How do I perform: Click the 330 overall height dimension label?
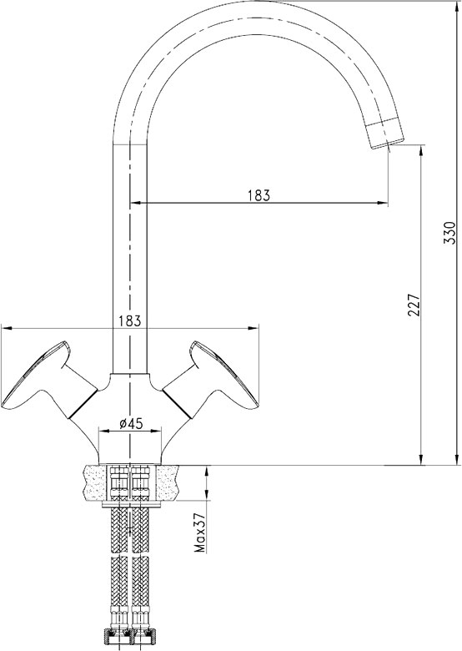pos(449,233)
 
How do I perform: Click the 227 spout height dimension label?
pos(414,305)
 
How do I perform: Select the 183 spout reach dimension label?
pos(259,194)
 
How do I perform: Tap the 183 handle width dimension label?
pos(130,321)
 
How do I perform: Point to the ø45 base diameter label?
pos(130,423)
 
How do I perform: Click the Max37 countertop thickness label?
pos(201,532)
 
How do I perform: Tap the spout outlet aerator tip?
pos(384,134)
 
